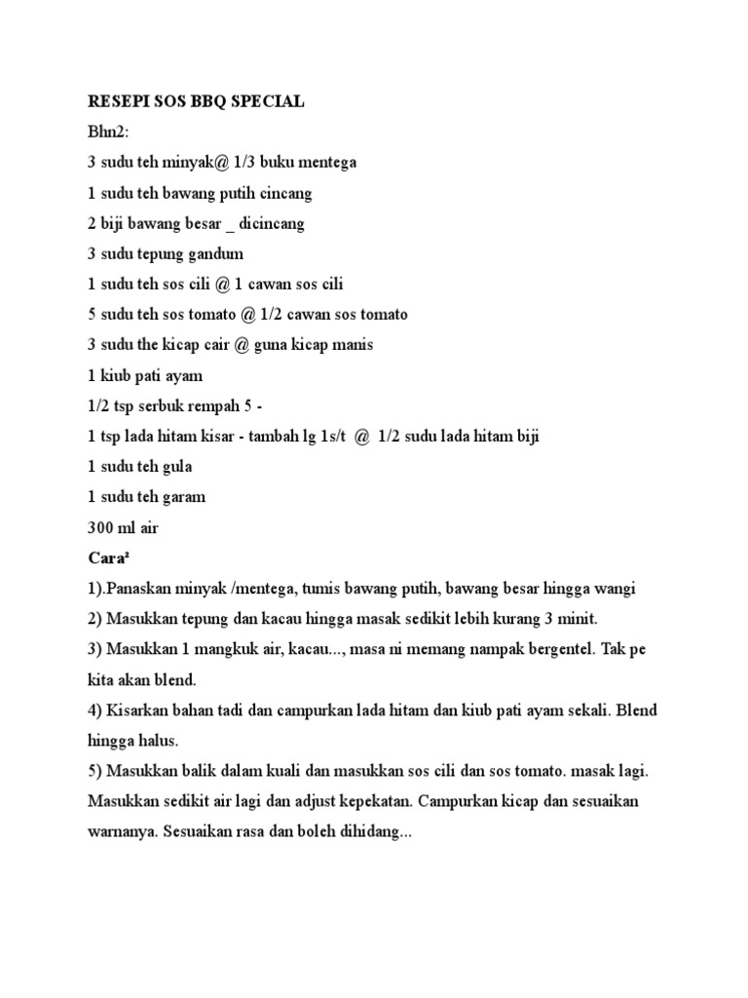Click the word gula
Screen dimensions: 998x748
[x=176, y=466]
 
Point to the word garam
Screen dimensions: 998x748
[x=183, y=496]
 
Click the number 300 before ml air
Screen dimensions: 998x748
[x=101, y=527]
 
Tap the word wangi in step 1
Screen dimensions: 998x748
[x=613, y=589]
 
